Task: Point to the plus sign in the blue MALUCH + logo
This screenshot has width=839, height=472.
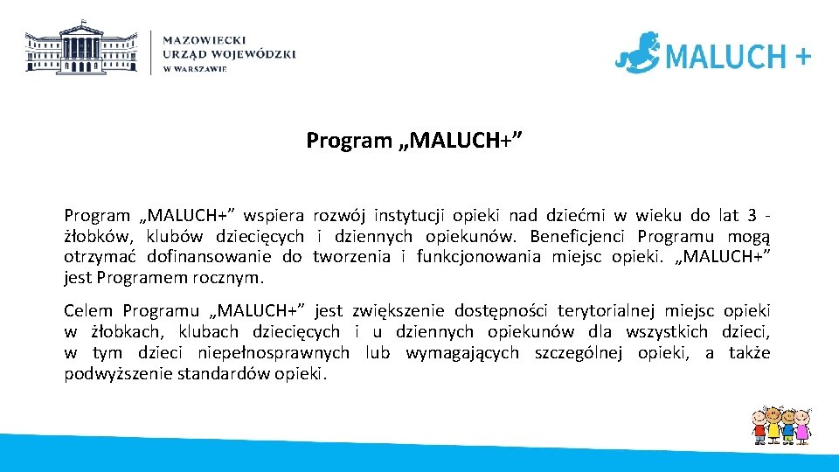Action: pyautogui.click(x=802, y=57)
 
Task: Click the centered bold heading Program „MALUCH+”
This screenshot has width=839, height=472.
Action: pyautogui.click(x=415, y=140)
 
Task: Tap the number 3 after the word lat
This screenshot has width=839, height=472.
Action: pyautogui.click(x=752, y=215)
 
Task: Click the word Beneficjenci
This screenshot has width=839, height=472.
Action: pyautogui.click(x=579, y=236)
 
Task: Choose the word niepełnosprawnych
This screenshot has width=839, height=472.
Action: pyautogui.click(x=275, y=352)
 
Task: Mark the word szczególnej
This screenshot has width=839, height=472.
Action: pyautogui.click(x=577, y=352)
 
